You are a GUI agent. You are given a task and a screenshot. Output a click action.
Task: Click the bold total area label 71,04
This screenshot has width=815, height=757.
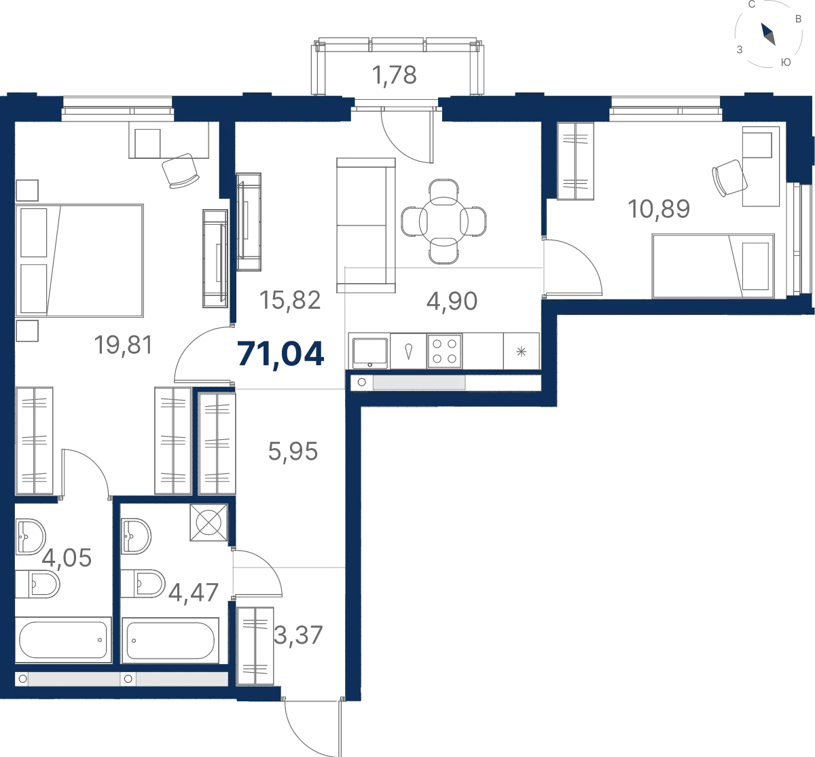coord(280,354)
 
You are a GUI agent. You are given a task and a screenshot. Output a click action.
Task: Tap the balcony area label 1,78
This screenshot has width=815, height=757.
coord(394,75)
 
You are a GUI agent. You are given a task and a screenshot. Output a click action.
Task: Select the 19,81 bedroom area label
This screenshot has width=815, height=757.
coord(123,345)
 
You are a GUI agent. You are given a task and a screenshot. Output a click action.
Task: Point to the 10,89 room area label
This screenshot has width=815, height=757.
coord(659,209)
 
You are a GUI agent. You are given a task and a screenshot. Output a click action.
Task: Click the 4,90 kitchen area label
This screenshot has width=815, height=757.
coord(452,301)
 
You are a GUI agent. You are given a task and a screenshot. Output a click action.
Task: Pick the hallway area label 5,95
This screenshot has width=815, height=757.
coord(293,451)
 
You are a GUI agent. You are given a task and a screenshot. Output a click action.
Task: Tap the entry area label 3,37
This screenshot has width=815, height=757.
coord(298,635)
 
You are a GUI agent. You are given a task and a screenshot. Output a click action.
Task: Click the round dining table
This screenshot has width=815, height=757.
coord(443,221)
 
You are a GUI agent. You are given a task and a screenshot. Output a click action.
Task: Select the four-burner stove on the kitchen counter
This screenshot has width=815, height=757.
coord(444,351)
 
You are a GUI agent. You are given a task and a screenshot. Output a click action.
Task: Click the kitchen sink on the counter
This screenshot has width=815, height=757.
coord(369,352)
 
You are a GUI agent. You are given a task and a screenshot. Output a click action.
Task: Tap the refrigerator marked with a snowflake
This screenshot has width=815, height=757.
coord(521,351)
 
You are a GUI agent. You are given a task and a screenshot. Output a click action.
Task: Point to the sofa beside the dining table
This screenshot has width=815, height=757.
coord(365,225)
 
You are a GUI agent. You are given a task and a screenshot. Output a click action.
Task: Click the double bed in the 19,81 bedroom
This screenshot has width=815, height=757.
coord(79,261)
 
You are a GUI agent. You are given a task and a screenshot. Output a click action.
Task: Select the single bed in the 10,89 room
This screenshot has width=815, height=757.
coord(713,266)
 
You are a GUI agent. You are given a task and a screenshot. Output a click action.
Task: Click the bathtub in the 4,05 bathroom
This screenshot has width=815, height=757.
coord(63,640)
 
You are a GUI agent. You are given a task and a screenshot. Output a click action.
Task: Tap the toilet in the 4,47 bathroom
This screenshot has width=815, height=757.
coord(143,584)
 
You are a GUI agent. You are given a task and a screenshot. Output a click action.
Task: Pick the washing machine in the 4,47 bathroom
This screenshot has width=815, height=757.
coord(209,522)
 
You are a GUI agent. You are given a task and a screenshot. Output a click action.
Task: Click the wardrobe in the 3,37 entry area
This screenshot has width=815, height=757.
coord(255,646)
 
